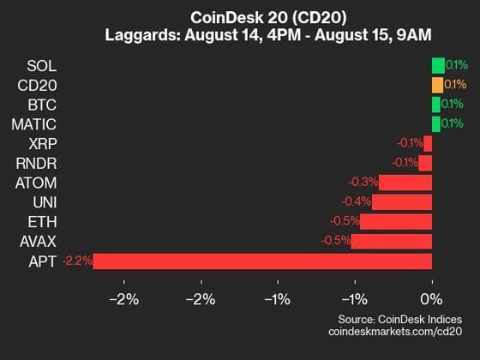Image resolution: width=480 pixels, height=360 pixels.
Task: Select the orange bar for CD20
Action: point(438,85)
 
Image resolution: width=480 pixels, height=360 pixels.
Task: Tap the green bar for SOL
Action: point(438,65)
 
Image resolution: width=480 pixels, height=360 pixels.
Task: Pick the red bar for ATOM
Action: point(405,183)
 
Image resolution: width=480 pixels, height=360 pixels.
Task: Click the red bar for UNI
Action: point(402,202)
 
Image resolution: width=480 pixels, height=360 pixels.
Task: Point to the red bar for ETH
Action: point(396,222)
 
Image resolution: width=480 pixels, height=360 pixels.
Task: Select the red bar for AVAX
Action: point(392,242)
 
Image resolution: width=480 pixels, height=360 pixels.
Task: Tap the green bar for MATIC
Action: point(436,124)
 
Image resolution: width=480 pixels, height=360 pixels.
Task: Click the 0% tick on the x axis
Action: point(431,299)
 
